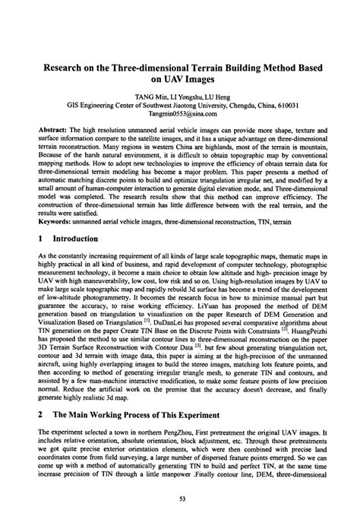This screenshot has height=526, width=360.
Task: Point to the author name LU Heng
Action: point(219,97)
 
